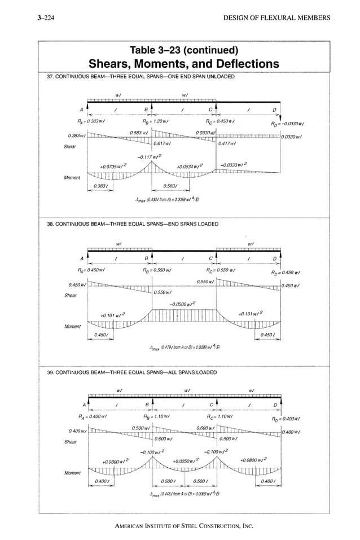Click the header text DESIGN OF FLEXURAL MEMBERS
pyautogui.click(x=277, y=18)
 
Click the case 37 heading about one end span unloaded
pyautogui.click(x=141, y=76)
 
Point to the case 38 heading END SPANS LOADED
pyautogui.click(x=132, y=224)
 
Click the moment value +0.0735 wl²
pyautogui.click(x=113, y=167)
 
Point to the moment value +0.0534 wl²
pyautogui.click(x=189, y=167)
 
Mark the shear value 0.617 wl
pyautogui.click(x=164, y=144)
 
